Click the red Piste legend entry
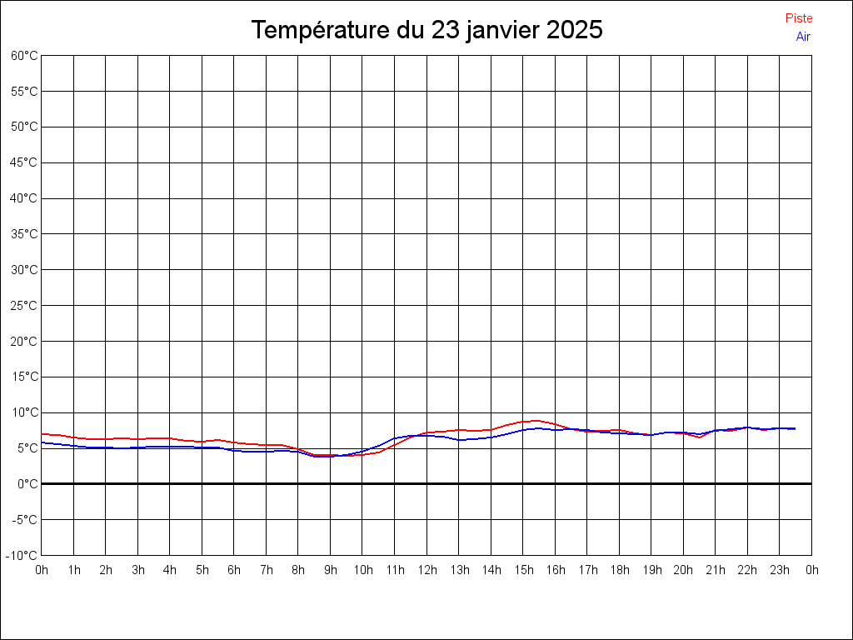(x=799, y=18)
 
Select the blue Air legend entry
(x=803, y=37)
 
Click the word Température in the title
(x=321, y=29)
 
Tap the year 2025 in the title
(x=575, y=29)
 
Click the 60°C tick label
(x=24, y=56)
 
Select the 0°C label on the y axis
(x=27, y=484)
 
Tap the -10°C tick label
(x=22, y=556)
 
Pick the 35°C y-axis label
(x=24, y=234)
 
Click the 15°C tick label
(x=24, y=377)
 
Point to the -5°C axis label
(x=24, y=520)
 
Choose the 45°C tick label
(x=24, y=162)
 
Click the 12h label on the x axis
(x=427, y=570)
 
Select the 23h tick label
(x=780, y=570)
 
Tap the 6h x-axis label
(x=234, y=570)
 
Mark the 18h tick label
(x=620, y=570)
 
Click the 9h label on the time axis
(x=331, y=570)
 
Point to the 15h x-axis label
(x=524, y=570)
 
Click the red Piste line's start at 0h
(x=42, y=433)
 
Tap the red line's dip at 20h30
(x=699, y=437)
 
